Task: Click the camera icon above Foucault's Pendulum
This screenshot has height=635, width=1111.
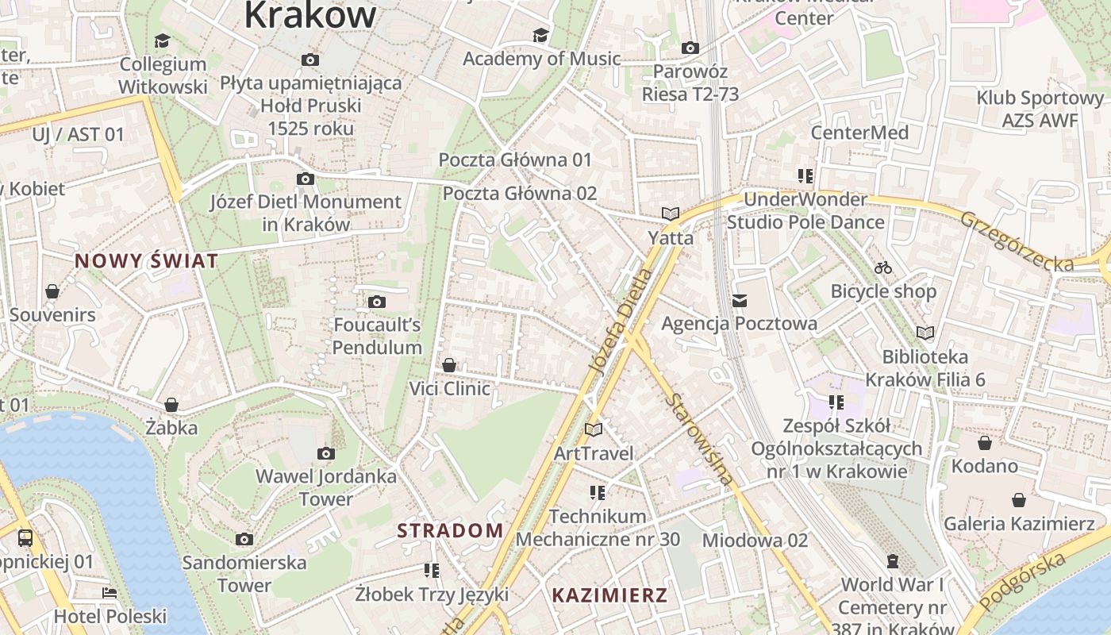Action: [x=377, y=302]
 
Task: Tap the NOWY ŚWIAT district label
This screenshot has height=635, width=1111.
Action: [x=146, y=261]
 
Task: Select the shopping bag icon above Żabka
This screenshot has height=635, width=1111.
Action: [x=171, y=405]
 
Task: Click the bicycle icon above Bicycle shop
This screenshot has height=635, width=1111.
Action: [x=883, y=267]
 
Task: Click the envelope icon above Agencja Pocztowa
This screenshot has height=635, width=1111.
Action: [x=740, y=300]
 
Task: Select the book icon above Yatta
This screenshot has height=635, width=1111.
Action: [x=671, y=214]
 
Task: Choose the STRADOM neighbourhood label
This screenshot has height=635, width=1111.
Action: [x=450, y=531]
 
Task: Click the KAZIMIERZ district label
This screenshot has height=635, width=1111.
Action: [x=609, y=595]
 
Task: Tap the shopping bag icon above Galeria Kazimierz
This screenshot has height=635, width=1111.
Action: [x=1019, y=500]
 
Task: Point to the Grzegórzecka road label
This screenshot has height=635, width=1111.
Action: [x=1016, y=241]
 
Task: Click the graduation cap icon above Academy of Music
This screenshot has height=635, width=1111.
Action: [x=540, y=35]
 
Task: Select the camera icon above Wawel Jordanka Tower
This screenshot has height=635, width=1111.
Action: [x=325, y=453]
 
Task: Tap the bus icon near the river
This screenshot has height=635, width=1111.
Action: [x=25, y=538]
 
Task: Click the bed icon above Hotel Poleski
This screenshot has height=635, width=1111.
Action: [x=110, y=593]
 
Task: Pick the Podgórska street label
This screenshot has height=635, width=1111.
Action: [x=1021, y=582]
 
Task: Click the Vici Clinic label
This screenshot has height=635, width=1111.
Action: [x=449, y=389]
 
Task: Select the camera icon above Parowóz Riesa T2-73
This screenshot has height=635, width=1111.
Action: [x=690, y=48]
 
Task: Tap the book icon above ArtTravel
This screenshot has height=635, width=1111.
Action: [x=594, y=429]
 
